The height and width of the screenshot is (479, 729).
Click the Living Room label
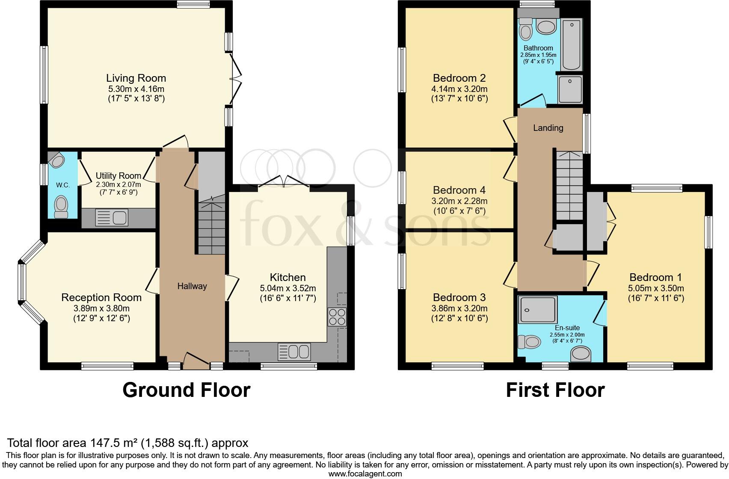[x=136, y=78]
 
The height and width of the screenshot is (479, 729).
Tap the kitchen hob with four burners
[x=337, y=317]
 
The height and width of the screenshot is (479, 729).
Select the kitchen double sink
[x=294, y=352]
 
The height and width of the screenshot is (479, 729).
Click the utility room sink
[x=112, y=217]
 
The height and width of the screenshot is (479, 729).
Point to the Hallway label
[x=192, y=286]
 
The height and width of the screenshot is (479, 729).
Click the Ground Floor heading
[x=187, y=390]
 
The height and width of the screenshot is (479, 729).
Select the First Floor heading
[x=555, y=390]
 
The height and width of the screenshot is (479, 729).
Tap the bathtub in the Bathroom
[x=572, y=44]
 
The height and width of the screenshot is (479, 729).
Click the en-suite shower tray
[x=538, y=310]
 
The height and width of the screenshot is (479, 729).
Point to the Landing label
[x=548, y=128]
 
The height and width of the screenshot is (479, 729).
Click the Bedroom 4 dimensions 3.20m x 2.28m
[x=459, y=201]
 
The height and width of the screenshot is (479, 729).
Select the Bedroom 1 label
[x=655, y=277]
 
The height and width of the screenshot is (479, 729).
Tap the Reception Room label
[x=101, y=297]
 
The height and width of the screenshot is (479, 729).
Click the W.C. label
[x=63, y=185]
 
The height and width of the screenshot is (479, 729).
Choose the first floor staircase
[x=569, y=186]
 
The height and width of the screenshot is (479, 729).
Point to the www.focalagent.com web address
[x=365, y=474]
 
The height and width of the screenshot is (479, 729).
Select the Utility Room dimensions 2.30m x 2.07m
[x=119, y=185]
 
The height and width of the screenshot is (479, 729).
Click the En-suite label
[x=567, y=328]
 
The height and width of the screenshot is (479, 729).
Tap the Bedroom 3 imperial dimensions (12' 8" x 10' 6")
[x=459, y=318]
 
